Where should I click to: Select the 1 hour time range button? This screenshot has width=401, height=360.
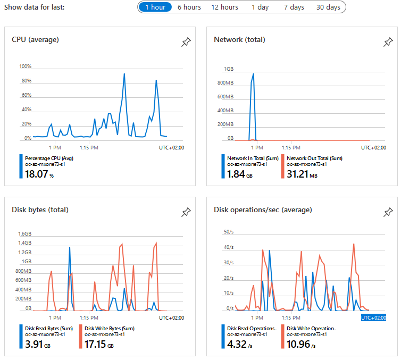[x=155, y=7]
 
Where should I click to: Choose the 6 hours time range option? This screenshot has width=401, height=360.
[x=189, y=7]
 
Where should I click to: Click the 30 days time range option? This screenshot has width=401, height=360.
[x=328, y=7]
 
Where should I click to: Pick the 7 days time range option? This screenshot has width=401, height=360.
[x=294, y=7]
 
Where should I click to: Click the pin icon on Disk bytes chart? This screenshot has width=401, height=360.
[x=186, y=213]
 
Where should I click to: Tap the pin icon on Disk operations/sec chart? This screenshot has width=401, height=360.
[x=388, y=213]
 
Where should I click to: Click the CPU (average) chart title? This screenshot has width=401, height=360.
[x=35, y=39]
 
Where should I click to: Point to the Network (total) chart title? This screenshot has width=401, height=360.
[x=239, y=39]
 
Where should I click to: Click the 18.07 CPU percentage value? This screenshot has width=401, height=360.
[x=37, y=174]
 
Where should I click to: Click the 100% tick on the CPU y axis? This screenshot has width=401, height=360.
[x=25, y=67]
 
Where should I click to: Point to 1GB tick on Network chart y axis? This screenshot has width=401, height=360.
[x=229, y=69]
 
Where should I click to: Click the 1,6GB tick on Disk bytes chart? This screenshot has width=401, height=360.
[x=25, y=234]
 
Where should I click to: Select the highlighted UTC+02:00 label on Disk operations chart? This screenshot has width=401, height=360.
[x=373, y=317]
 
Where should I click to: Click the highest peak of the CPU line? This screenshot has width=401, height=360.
[x=124, y=74]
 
